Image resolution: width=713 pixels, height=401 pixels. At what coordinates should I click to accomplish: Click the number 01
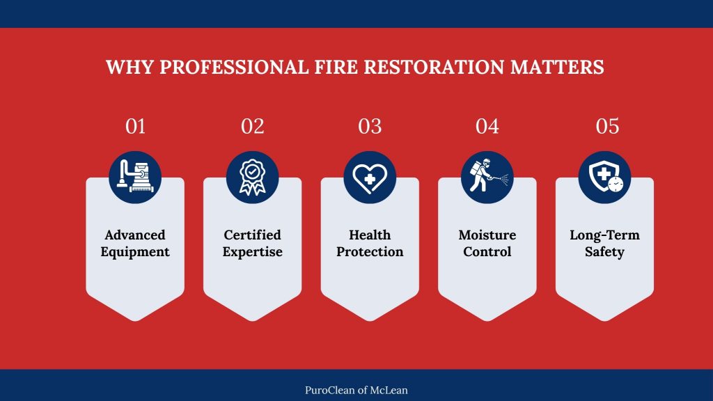pos(135,127)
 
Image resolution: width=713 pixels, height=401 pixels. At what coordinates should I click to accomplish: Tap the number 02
pos(253,127)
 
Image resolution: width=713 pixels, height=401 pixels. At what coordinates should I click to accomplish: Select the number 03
pos(370,127)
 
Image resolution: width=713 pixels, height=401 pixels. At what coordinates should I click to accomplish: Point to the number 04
pos(487,127)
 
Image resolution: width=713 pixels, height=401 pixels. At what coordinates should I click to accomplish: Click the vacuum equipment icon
pos(135,178)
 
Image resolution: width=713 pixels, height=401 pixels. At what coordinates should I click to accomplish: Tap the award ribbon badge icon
pos(253,178)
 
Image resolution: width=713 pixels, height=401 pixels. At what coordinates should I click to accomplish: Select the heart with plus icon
pos(370,178)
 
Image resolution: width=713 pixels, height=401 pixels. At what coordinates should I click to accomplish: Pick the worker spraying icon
pos(487,178)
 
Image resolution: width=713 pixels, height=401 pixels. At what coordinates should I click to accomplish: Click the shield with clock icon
pos(604,178)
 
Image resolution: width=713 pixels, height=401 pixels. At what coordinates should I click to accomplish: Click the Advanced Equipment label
pos(135,243)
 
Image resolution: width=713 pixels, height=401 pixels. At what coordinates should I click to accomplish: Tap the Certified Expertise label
pos(253,243)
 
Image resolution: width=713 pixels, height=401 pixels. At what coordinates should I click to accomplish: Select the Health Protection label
pos(370,243)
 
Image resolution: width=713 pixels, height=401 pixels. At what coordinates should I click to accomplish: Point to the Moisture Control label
pos(487,243)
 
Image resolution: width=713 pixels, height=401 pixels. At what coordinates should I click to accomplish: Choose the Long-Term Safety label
pos(604,243)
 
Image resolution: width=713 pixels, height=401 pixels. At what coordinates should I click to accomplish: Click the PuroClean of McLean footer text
pos(356,390)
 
